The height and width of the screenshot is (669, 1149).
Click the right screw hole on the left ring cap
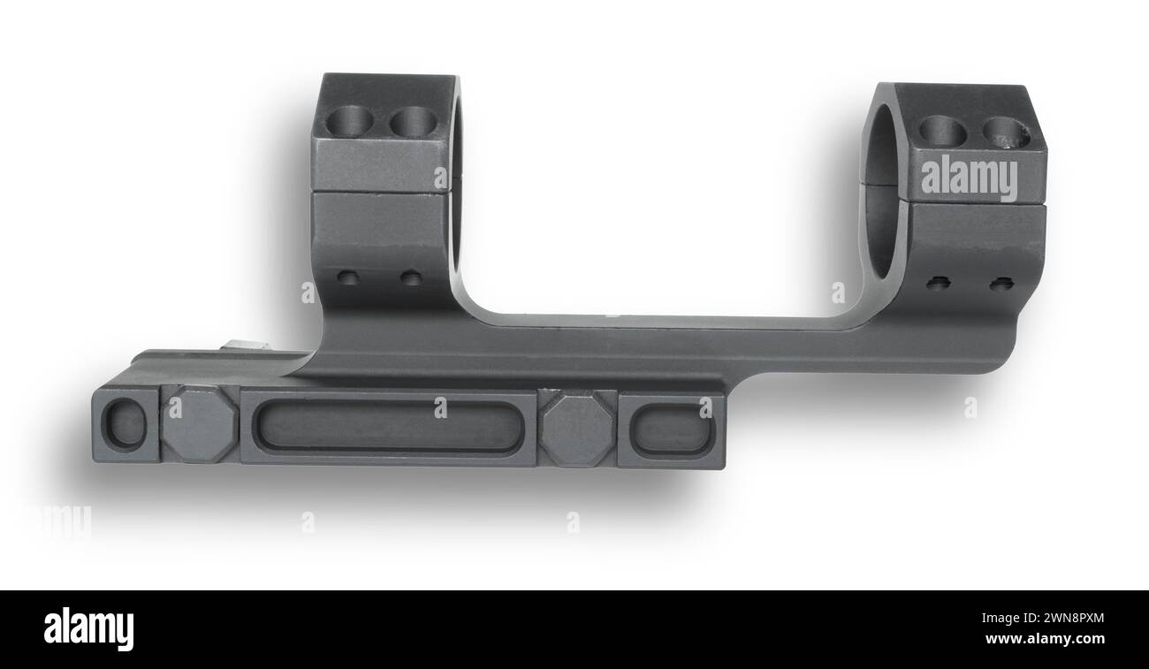coord(414,121)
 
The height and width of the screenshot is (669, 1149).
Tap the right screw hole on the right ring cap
coord(1007,133)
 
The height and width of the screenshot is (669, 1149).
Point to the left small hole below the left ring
coord(348,278)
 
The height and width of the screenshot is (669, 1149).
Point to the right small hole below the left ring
coord(411,278)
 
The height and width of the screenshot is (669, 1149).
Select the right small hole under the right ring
coord(1001,284)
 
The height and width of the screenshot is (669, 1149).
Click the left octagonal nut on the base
coord(199,423)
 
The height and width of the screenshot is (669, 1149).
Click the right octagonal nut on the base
coord(577,429)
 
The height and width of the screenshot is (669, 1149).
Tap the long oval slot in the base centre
coord(387,427)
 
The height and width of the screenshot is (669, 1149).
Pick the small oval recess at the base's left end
coord(125,423)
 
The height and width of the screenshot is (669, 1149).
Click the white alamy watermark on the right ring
coord(969,179)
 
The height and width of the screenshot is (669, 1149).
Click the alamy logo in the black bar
coord(88,629)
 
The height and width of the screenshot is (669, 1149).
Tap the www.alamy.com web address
coord(1045,639)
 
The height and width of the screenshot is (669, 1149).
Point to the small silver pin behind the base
coord(236,346)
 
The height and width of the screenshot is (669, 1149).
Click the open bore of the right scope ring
coord(882,203)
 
